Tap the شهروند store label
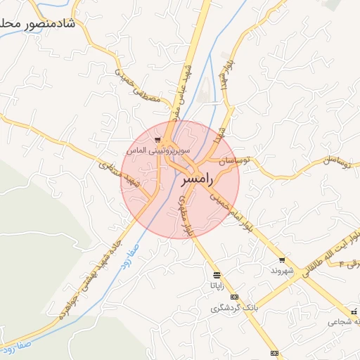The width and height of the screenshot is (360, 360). [x=281, y=270]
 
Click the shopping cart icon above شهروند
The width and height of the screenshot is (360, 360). [x=282, y=259]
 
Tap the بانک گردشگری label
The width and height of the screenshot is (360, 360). [x=234, y=308]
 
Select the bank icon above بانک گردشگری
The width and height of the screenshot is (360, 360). [x=234, y=297]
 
